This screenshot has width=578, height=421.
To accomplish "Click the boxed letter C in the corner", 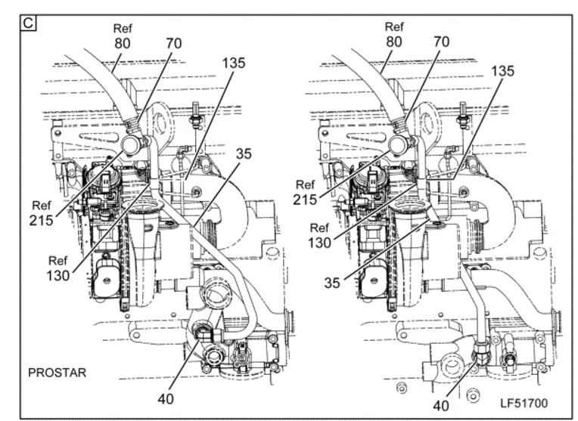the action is click(28, 23).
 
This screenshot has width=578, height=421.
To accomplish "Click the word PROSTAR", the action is click(57, 373).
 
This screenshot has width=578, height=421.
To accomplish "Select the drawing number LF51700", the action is click(524, 403).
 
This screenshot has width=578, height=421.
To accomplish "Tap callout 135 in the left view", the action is click(233, 63).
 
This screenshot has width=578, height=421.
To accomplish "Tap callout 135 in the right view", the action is click(503, 71).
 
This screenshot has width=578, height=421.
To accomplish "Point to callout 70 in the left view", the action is click(173, 44).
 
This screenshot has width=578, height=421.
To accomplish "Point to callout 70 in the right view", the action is click(442, 42).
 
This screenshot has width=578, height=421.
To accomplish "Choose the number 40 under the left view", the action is click(166, 398).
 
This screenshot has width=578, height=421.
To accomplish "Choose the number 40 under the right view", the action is click(441, 406).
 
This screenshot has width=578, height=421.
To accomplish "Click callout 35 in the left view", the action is click(244, 153).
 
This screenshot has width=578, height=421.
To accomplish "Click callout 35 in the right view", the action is click(332, 283).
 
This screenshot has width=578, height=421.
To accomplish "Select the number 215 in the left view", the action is click(42, 221).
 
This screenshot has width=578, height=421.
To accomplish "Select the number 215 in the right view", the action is click(305, 200).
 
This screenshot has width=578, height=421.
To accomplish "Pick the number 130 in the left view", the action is click(57, 275).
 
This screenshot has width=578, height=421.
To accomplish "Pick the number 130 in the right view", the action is click(319, 243).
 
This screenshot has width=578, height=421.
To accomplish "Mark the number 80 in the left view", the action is click(122, 44).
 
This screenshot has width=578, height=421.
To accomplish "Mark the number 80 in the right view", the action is click(393, 42).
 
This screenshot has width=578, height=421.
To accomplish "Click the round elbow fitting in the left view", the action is click(132, 145).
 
